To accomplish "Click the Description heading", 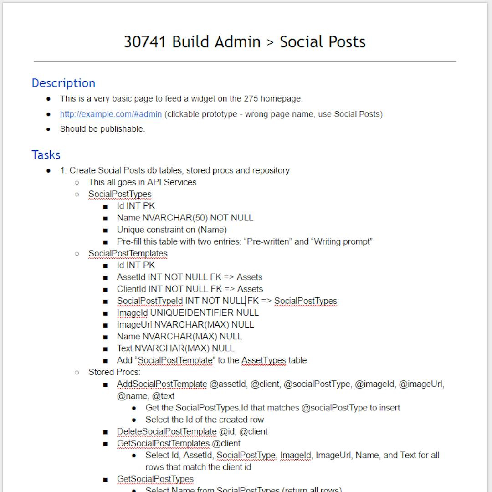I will click(x=63, y=83).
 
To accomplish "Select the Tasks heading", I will click(x=46, y=155).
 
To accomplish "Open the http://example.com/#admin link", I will click(x=111, y=114).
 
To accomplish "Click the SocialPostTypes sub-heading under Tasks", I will click(x=120, y=194).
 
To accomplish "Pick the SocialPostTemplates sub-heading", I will click(x=128, y=253).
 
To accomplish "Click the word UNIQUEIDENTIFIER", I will click(x=191, y=313).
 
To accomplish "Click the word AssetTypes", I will click(x=264, y=360).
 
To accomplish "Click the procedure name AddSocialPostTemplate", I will click(x=162, y=384).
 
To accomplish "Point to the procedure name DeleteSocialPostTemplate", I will click(x=166, y=431).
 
